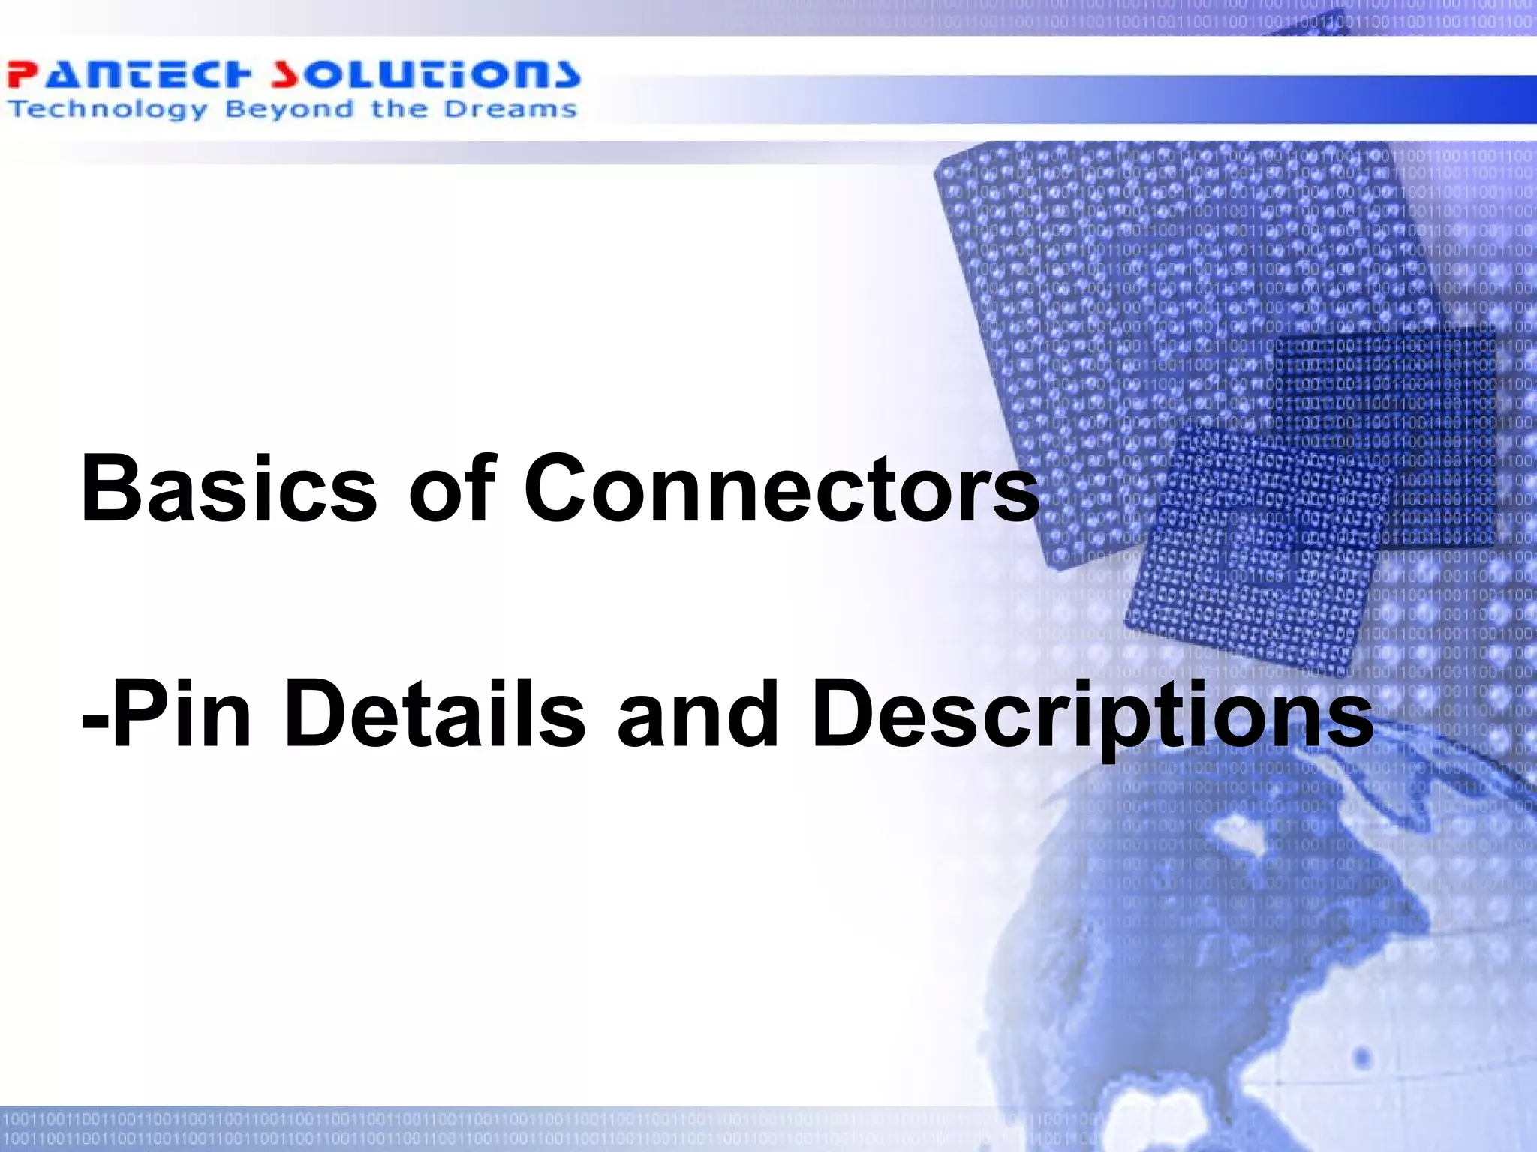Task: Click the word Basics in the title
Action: click(x=229, y=489)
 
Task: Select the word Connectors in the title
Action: click(x=781, y=489)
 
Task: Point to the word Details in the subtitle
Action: click(x=435, y=714)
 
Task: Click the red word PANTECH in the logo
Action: click(x=128, y=75)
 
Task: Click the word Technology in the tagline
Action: click(x=107, y=110)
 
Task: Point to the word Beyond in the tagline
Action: click(x=289, y=110)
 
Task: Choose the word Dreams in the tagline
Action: click(x=510, y=109)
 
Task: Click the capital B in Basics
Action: click(x=113, y=489)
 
